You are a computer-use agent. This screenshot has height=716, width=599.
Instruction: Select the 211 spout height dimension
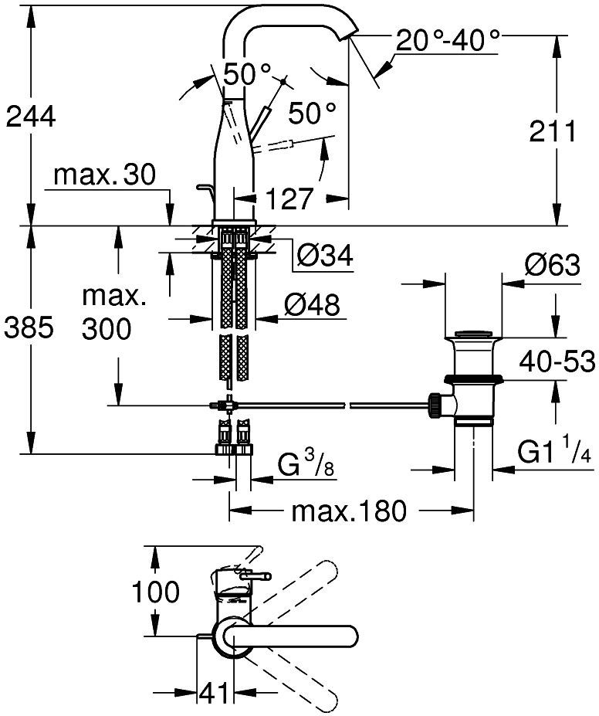(x=553, y=131)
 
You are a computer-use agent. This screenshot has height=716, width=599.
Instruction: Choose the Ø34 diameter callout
(x=324, y=254)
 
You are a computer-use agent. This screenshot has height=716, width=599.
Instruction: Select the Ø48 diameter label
(x=311, y=306)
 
